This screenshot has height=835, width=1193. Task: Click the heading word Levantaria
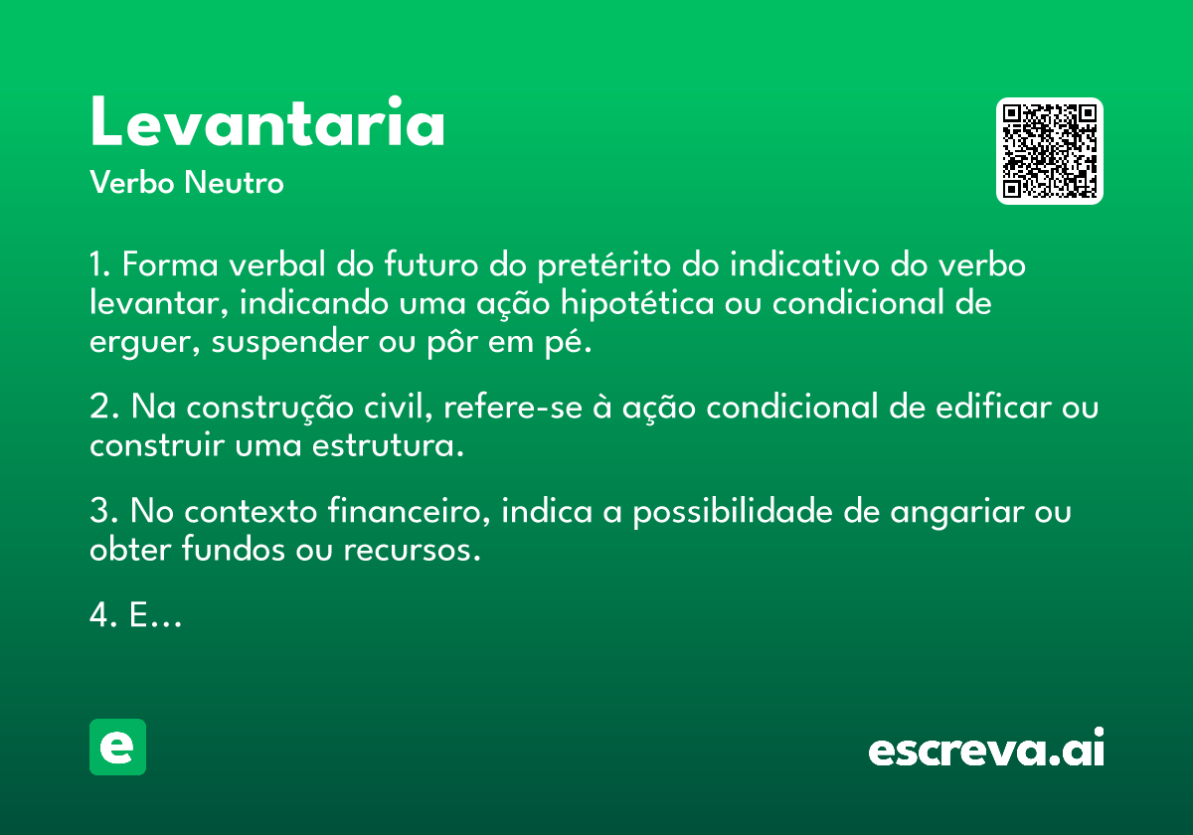266,121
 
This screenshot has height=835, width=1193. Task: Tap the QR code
1049,151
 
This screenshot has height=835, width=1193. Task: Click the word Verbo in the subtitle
132,182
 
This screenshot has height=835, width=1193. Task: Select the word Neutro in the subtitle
234,182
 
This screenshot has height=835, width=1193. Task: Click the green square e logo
117,747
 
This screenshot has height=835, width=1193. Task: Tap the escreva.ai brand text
986,747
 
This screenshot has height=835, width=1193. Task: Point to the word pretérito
604,265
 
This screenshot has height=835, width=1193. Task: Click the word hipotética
637,303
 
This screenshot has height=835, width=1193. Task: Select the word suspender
289,342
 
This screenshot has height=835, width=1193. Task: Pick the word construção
270,409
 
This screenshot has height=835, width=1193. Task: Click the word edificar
994,408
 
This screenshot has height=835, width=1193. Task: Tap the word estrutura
388,445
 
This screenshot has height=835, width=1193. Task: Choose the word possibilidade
733,512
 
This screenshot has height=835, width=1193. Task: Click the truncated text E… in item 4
155,615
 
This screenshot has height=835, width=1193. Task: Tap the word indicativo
804,264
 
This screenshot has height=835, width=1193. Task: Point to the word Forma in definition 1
170,264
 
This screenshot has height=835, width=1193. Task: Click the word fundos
234,549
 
